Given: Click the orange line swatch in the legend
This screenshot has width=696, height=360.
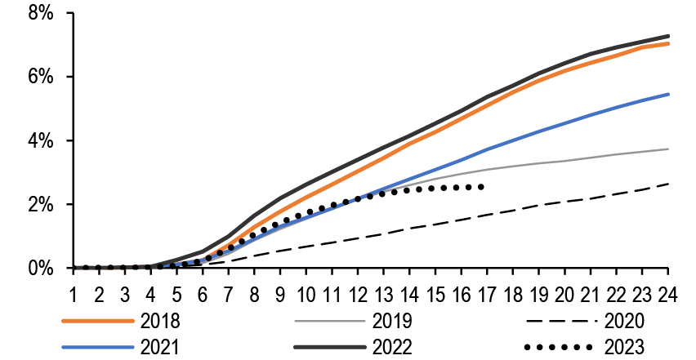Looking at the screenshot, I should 96,322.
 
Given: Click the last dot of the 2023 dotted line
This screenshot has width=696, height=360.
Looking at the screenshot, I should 481,187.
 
